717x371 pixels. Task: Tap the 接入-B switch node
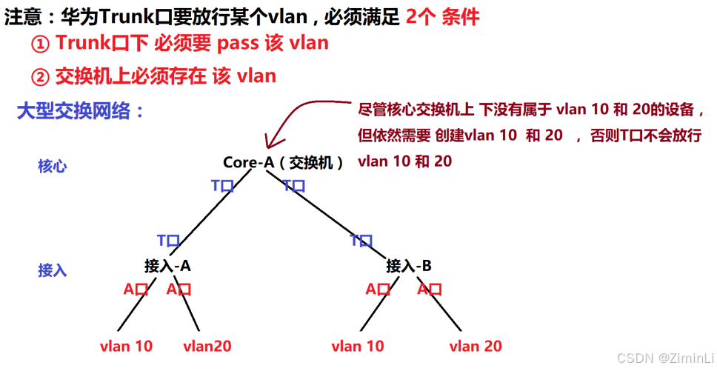pos(409,265)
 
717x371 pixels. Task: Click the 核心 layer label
pos(53,166)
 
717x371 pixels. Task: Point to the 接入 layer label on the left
pos(53,270)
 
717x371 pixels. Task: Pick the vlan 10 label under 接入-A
pos(126,346)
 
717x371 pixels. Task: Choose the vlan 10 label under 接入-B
pos(358,346)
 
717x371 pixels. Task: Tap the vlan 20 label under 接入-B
pos(476,346)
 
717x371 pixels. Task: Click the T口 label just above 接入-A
pos(169,241)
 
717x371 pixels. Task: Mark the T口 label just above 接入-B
pos(361,241)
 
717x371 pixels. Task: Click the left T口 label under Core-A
pos(222,186)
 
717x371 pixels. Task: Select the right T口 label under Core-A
pos(294,186)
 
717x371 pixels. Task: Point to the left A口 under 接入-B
pos(378,290)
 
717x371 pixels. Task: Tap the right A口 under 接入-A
pos(179,290)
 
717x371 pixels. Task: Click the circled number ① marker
pos(39,44)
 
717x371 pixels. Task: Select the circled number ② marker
pos(39,76)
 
